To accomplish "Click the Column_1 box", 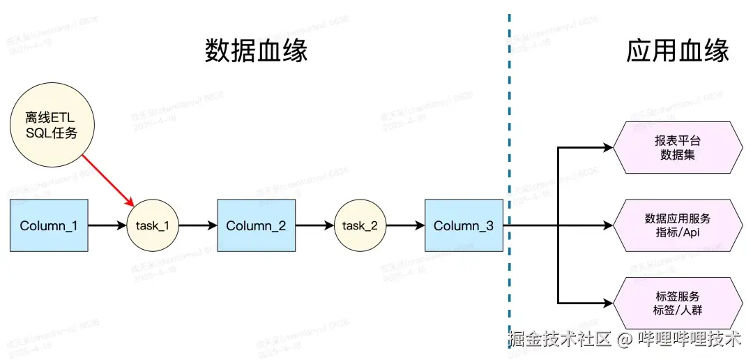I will (49, 225).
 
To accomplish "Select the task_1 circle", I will (153, 225).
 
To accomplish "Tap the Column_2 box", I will (256, 225).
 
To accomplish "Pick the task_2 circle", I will (360, 225).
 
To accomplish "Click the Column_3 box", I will (464, 225).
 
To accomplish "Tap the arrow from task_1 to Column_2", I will (198, 225).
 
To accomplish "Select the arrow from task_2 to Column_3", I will (405, 225).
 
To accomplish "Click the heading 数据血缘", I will (256, 51).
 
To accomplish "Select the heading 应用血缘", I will (678, 51).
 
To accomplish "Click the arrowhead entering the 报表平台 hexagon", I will (607, 147).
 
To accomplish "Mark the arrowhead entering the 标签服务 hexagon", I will (607, 303).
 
